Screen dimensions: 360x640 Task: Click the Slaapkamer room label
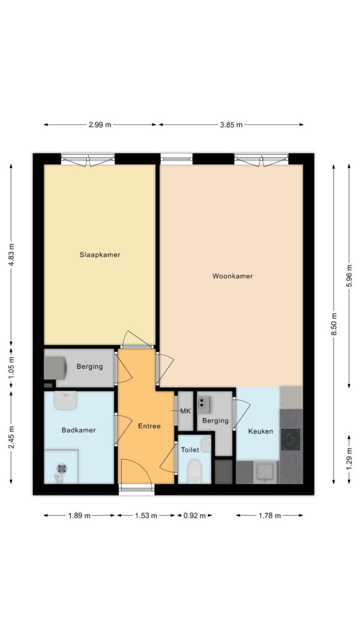click(100, 255)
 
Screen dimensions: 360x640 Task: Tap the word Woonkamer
click(232, 277)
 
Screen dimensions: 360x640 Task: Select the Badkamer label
click(79, 430)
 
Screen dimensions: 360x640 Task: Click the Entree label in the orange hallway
click(149, 426)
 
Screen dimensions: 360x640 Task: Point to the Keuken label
click(261, 431)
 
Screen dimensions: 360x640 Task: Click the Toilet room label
click(190, 450)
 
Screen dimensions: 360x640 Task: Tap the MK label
click(186, 411)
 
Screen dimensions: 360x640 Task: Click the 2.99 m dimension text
click(100, 125)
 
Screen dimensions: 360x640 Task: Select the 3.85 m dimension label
click(231, 125)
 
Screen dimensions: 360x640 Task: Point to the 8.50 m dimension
click(334, 324)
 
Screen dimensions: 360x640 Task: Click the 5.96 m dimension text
click(349, 276)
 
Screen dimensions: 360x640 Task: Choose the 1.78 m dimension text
click(269, 515)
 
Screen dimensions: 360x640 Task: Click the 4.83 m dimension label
click(11, 255)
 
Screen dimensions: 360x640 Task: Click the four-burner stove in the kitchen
click(291, 439)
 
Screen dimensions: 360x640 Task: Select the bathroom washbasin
click(65, 401)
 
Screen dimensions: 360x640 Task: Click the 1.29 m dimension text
click(349, 459)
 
